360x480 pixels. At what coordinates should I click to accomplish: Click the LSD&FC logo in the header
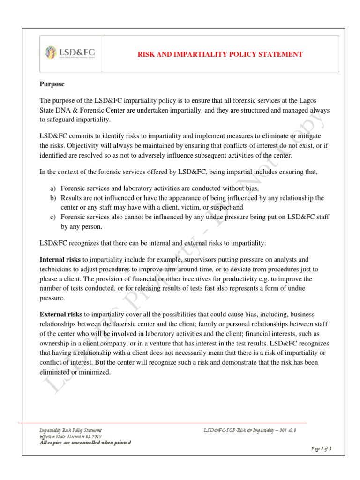pos(71,52)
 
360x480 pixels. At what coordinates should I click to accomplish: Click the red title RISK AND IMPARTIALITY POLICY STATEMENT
pos(219,54)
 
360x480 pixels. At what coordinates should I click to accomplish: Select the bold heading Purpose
pos(52,84)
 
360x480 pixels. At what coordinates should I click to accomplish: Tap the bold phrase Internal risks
pos(60,259)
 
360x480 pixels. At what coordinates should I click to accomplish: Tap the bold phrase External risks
pos(61,314)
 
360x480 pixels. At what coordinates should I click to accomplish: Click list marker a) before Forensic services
pos(53,188)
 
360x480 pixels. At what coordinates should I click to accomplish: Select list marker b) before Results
pos(53,198)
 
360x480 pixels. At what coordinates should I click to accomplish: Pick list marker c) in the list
pos(53,217)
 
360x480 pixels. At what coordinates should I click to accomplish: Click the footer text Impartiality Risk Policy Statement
pos(70,430)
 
